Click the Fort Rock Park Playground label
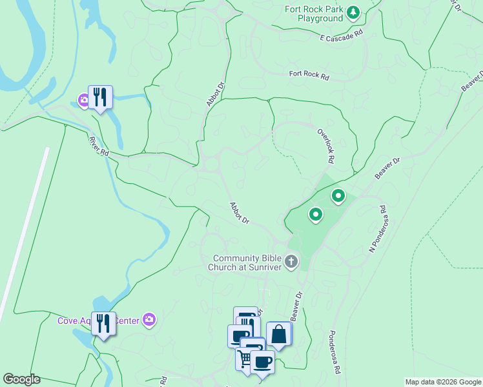pos(314,14)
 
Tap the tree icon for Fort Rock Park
pos(353,12)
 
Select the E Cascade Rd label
pos(342,35)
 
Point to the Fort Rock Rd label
pos(309,75)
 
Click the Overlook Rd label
pos(325,144)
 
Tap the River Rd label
pos(99,146)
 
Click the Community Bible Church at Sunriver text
pos(248,263)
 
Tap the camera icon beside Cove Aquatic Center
pos(150,319)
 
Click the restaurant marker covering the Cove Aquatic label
pos(103,324)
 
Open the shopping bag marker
pos(278,334)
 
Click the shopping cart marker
pos(245,359)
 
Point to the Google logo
pos(21,379)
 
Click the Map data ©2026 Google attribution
pos(442,382)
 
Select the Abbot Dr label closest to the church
pos(240,213)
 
